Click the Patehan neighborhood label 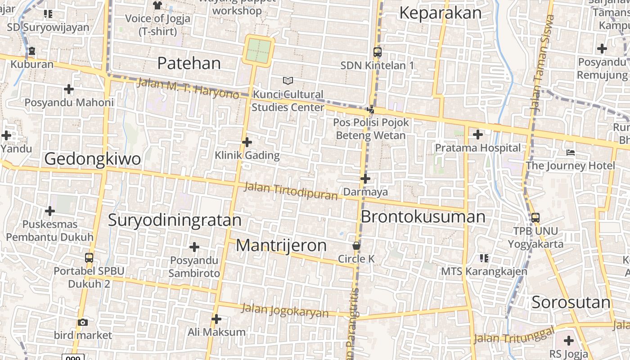[x=189, y=63]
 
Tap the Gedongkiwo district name [x=92, y=159]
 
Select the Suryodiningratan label [x=175, y=220]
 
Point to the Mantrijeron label [x=281, y=246]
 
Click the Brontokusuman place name [x=423, y=217]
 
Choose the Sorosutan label [x=571, y=302]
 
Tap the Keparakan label [x=440, y=13]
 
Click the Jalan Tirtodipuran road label [x=291, y=191]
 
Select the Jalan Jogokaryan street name [x=285, y=310]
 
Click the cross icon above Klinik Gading [x=247, y=142]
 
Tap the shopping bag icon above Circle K [x=356, y=246]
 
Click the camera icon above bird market [x=83, y=322]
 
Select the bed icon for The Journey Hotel [x=571, y=153]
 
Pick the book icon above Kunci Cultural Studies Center [x=288, y=81]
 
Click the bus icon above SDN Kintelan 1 [x=377, y=52]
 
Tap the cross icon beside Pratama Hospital [x=477, y=134]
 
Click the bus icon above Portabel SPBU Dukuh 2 [x=89, y=258]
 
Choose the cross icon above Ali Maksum [x=216, y=319]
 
